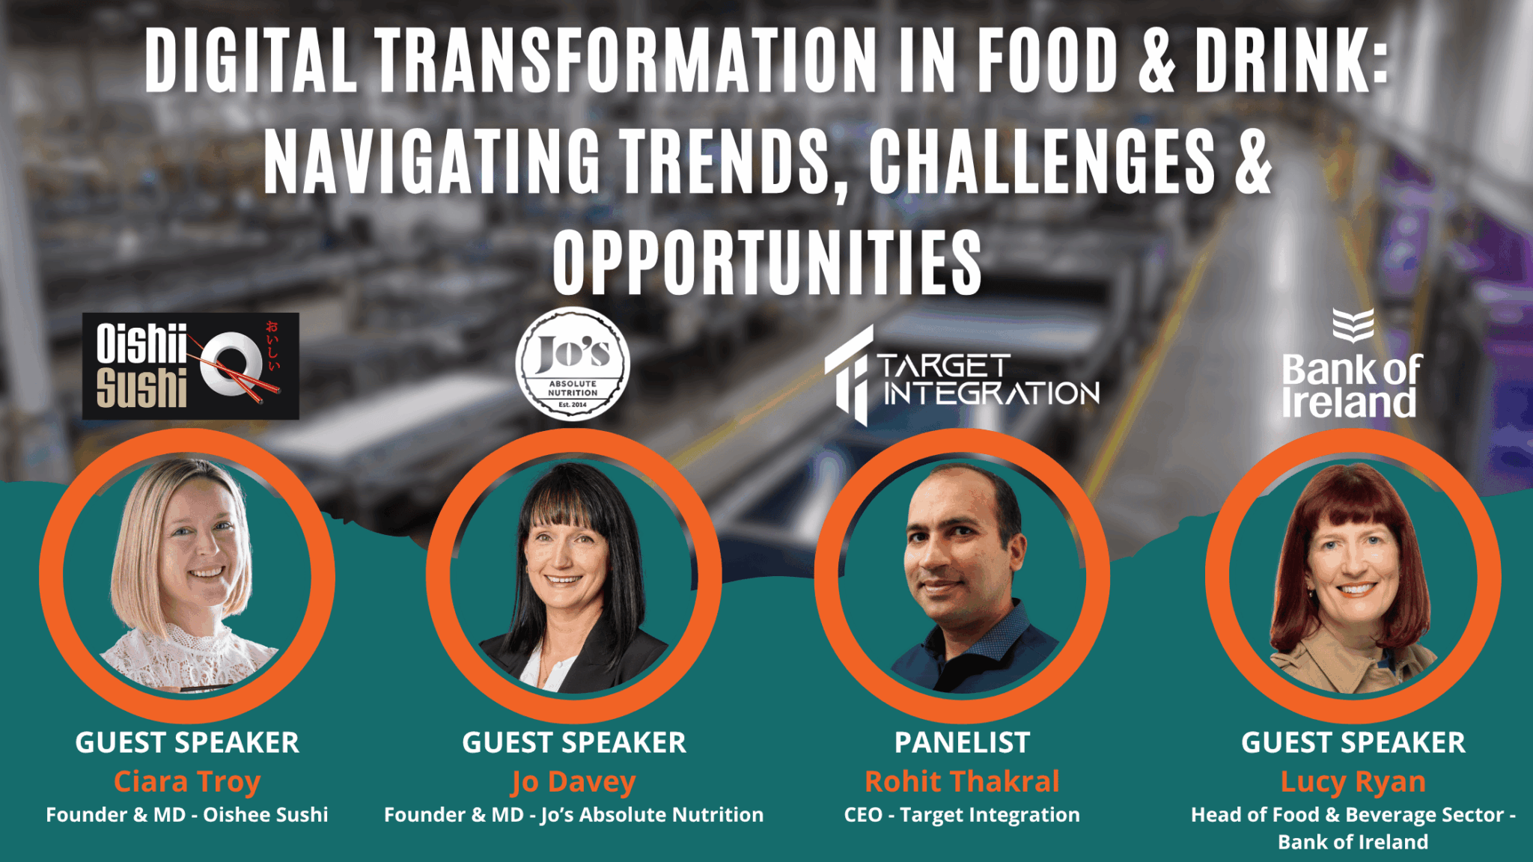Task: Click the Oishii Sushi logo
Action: click(190, 366)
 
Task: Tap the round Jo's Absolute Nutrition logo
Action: click(573, 364)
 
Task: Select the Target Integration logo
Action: click(962, 376)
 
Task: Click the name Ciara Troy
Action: click(187, 781)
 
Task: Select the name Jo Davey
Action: click(573, 781)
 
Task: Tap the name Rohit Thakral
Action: click(962, 781)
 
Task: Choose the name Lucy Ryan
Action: click(1353, 781)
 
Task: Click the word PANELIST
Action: click(962, 742)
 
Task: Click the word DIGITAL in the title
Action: click(252, 61)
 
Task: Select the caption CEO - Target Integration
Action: click(962, 815)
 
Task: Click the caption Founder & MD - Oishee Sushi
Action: click(187, 815)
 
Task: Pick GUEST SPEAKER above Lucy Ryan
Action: click(1353, 742)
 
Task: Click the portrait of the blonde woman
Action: click(187, 575)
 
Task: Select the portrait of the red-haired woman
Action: click(1353, 575)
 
